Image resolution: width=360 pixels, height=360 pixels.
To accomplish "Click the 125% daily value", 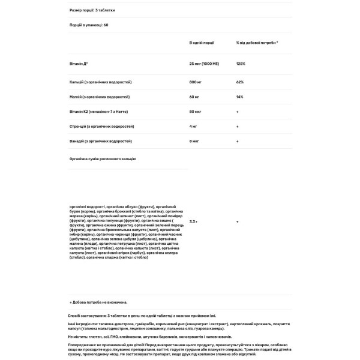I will (241, 63).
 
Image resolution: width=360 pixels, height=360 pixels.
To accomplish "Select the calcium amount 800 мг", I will (196, 80).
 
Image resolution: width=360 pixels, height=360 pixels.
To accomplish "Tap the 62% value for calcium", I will (239, 80).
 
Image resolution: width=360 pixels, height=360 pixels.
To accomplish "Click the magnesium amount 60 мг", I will (194, 95).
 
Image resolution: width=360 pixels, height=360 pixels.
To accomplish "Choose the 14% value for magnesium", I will (239, 95).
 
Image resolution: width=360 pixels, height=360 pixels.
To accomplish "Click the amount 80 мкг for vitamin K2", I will (196, 112).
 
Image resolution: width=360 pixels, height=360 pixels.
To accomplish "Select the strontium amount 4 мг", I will (194, 127).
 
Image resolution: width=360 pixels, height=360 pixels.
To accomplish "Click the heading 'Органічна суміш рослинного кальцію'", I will (103, 158).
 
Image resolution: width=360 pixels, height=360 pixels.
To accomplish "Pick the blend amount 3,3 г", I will (194, 221).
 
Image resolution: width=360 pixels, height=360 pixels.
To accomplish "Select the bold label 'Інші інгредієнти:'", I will (85, 323).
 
